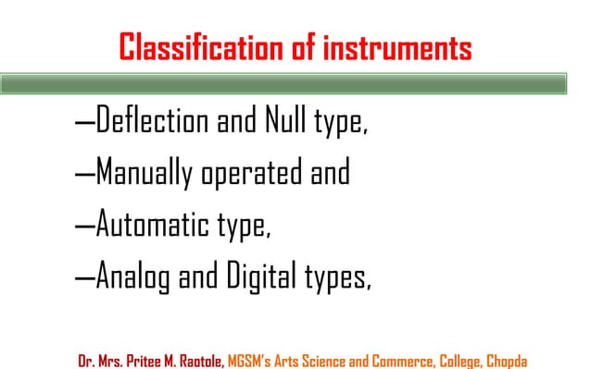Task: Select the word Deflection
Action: (x=153, y=123)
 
